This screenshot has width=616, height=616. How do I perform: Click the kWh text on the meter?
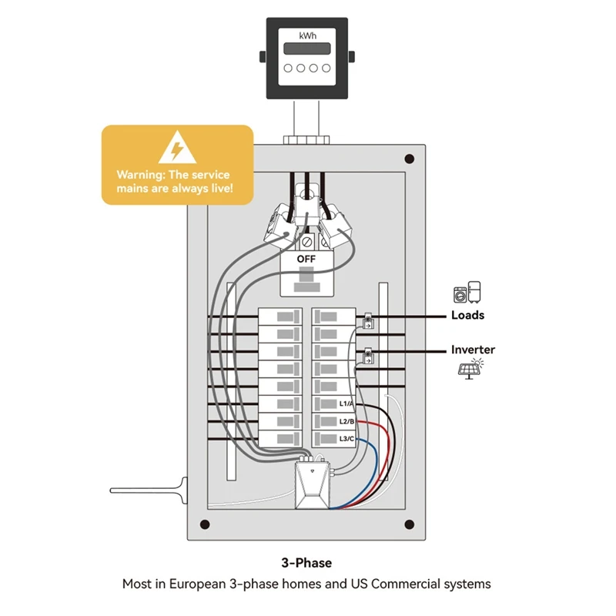[x=307, y=35]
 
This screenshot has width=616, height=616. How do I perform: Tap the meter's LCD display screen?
[x=307, y=49]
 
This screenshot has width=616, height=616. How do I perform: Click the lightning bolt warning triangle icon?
[x=177, y=149]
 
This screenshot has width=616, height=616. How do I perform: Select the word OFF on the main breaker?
[x=306, y=259]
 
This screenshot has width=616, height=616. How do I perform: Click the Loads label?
[x=467, y=316]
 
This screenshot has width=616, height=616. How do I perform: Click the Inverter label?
[x=473, y=350]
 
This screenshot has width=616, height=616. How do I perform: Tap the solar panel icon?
[x=467, y=368]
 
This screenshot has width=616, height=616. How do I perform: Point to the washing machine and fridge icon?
[x=468, y=293]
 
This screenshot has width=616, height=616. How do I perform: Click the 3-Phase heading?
[x=306, y=563]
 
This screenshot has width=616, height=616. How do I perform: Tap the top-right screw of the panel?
[x=409, y=159]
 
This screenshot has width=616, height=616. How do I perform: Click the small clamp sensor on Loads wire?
[x=368, y=321]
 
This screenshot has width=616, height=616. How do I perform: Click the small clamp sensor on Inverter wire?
[x=368, y=356]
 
